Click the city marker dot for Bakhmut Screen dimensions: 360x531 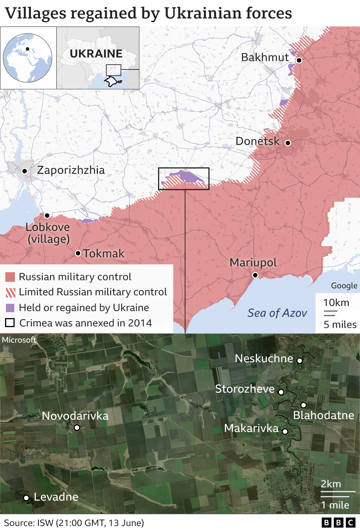[x=299, y=60]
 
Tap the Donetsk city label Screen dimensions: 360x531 [x=257, y=141]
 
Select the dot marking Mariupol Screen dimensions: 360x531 [x=255, y=275]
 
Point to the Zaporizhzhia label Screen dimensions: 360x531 [x=71, y=170]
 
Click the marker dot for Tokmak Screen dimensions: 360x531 [x=78, y=253]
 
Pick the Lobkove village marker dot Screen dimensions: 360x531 [x=47, y=216]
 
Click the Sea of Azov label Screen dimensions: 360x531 [x=277, y=313]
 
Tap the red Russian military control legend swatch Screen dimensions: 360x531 [x=10, y=277]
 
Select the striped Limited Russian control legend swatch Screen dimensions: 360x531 [x=10, y=292]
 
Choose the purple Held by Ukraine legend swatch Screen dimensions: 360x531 [x=10, y=308]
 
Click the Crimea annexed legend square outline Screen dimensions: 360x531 [x=10, y=323]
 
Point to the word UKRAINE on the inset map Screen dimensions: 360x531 [x=96, y=54]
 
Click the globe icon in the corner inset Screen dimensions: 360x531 [x=28, y=58]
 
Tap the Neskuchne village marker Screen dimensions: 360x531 [x=300, y=361]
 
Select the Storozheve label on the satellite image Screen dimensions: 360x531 [x=245, y=389]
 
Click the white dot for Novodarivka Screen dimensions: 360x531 [x=77, y=428]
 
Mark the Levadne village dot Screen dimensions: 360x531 [x=26, y=498]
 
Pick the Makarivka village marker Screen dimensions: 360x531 [x=285, y=431]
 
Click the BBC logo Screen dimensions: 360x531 [x=338, y=523]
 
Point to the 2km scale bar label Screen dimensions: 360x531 [x=331, y=484]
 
